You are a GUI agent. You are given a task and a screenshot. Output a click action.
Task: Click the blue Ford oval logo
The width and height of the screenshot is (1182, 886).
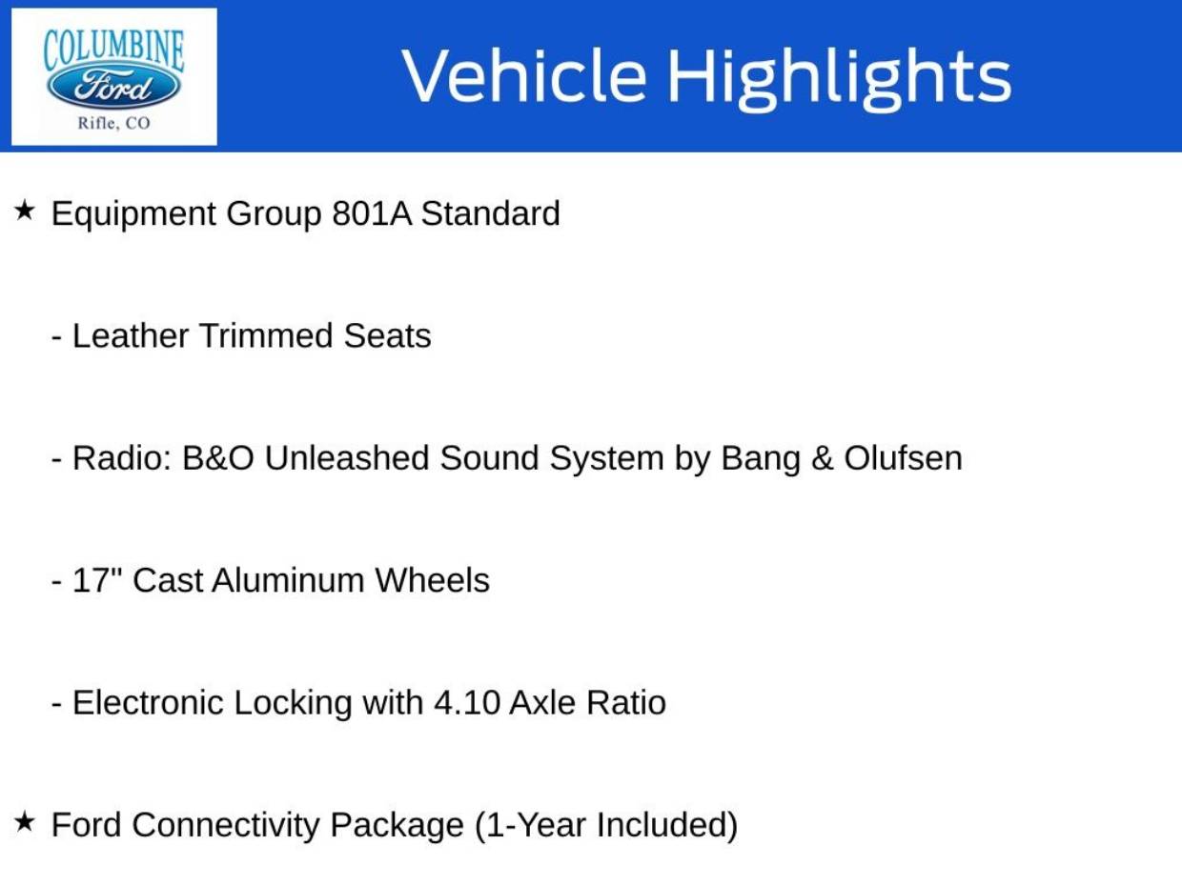[x=114, y=86]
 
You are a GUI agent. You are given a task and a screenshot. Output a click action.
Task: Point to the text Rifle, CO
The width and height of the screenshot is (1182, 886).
[x=114, y=123]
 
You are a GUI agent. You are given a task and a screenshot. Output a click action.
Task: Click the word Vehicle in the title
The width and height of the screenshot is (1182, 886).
[x=524, y=75]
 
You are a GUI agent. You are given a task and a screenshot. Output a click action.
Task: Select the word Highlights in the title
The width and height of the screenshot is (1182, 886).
[x=840, y=79]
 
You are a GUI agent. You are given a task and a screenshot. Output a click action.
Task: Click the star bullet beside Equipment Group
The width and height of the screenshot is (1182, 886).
[x=25, y=210]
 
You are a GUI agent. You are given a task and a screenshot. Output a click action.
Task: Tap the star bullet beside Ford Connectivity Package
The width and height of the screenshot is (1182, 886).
[x=25, y=821]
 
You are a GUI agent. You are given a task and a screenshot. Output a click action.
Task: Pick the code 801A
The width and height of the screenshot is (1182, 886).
[x=372, y=213]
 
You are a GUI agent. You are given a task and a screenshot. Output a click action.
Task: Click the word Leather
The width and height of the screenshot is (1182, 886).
[x=131, y=335]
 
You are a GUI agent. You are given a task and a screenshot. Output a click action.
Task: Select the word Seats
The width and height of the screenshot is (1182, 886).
[x=387, y=335]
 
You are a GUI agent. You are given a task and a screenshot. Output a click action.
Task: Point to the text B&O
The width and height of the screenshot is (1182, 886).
[x=217, y=458]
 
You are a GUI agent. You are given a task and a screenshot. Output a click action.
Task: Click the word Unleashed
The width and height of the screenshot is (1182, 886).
[x=347, y=458]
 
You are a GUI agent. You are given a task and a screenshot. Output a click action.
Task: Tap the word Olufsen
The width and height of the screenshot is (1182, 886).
[x=903, y=458]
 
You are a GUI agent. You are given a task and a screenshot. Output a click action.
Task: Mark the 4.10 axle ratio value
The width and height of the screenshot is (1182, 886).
[x=467, y=702]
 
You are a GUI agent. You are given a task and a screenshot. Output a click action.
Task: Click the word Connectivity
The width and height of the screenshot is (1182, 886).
[x=226, y=826]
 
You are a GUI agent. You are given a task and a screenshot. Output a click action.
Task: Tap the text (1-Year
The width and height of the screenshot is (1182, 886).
[x=530, y=825]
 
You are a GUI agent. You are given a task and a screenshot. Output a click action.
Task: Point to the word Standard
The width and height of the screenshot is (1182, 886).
[x=491, y=213]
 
